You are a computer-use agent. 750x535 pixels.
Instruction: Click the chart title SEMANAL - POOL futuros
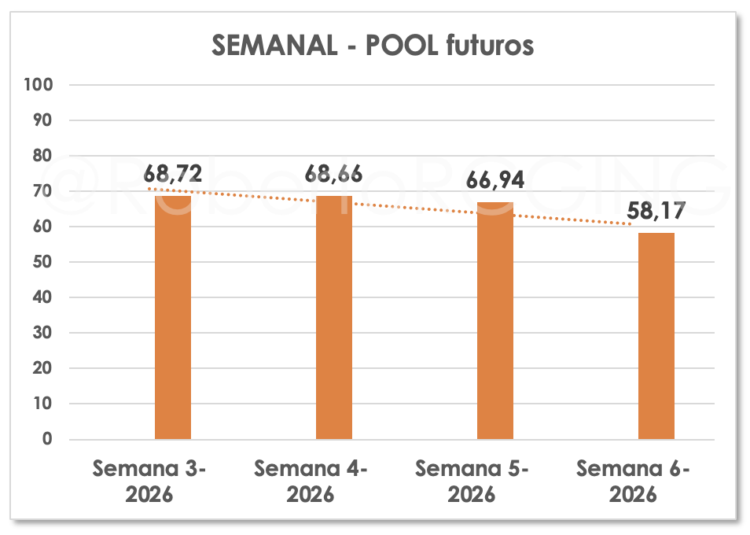point(373,46)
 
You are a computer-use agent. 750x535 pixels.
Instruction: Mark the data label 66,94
point(495,179)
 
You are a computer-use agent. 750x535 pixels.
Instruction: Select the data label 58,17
point(656,210)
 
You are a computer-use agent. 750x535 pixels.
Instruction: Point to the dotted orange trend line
point(417,208)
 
